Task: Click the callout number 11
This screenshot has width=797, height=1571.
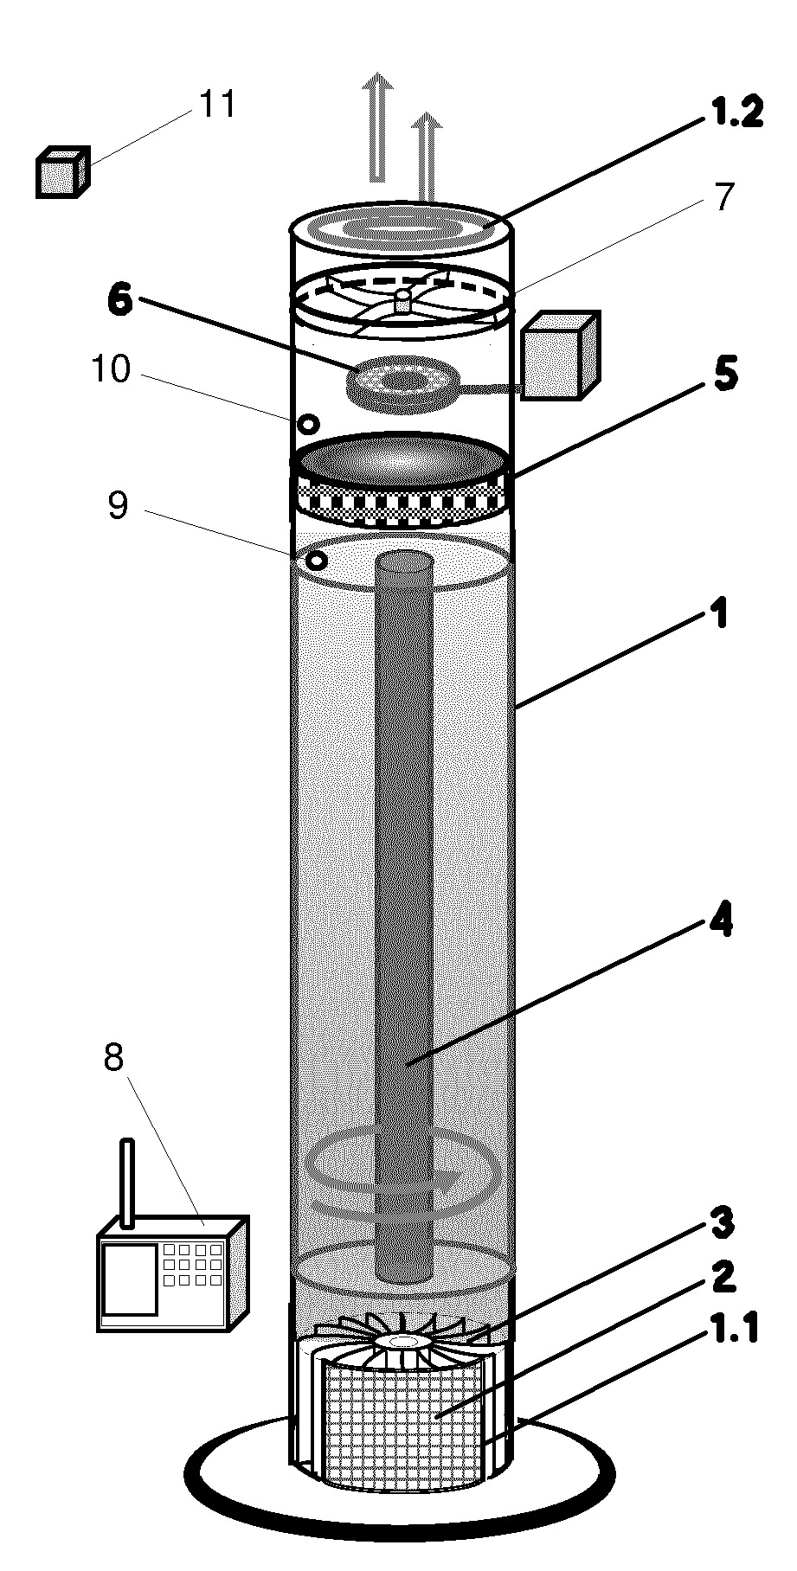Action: tap(217, 106)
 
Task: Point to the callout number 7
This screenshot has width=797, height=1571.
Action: tap(723, 197)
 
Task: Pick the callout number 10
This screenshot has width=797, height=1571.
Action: tap(112, 369)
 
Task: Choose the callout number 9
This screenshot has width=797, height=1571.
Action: tap(118, 505)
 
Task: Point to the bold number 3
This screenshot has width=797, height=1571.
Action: tap(723, 1223)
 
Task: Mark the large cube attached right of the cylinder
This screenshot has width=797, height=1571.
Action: tap(560, 356)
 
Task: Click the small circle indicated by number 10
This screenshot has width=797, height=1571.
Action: tap(308, 424)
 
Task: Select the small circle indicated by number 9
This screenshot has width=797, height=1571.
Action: tap(318, 561)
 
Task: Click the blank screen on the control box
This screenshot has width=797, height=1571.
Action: tap(130, 1279)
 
